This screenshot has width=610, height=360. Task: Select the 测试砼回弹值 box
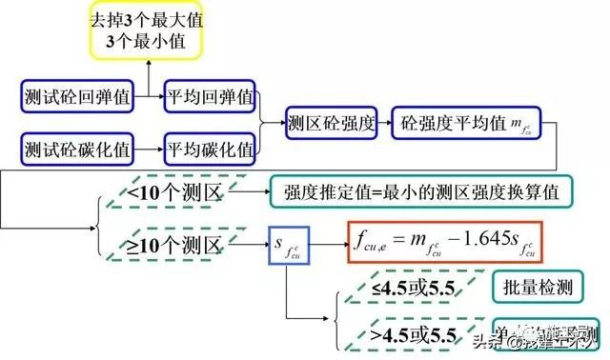[x=78, y=96]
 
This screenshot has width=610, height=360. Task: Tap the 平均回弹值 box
[x=210, y=96]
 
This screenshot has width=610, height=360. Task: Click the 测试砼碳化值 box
[x=78, y=149]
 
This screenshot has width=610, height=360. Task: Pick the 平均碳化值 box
[x=210, y=149]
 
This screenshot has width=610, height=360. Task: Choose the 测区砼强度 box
[x=331, y=123]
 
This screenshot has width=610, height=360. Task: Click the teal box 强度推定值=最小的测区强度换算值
[x=421, y=193]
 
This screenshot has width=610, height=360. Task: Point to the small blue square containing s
[x=288, y=248]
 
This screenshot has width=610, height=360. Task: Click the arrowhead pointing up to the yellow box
[x=150, y=62]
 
